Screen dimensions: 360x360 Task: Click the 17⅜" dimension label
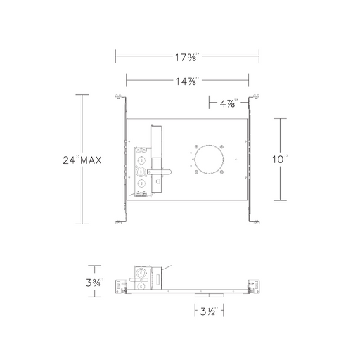click(x=187, y=57)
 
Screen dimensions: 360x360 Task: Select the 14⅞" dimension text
click(x=187, y=82)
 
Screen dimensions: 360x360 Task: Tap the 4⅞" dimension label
click(x=229, y=103)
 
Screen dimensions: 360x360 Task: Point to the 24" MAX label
click(x=82, y=160)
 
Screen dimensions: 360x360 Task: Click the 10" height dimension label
click(x=280, y=160)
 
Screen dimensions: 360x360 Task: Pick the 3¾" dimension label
click(x=94, y=283)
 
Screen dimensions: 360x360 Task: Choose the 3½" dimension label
click(x=209, y=311)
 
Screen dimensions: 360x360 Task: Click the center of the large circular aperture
click(x=209, y=160)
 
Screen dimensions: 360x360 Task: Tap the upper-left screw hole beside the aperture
click(x=196, y=147)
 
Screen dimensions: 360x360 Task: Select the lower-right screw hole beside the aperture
click(x=221, y=172)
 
